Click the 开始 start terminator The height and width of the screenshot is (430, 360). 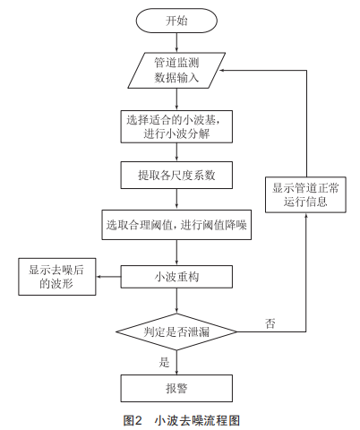coord(176,21)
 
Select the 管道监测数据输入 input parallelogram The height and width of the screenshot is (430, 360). coord(176,71)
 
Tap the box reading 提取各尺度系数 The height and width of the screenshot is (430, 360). coord(176,176)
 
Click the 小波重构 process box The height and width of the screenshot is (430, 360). coord(176,277)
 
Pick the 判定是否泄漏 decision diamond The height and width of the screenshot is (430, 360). coord(176,331)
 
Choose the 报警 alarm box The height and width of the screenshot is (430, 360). coord(176,388)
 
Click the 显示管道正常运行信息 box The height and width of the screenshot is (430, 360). coord(305,194)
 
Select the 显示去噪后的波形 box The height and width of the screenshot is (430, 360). coord(57,277)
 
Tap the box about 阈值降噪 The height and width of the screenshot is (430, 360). coord(176,225)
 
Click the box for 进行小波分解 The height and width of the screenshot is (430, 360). coord(176,126)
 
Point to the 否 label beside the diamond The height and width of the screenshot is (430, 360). coord(270,323)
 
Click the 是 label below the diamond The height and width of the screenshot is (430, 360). coord(164,362)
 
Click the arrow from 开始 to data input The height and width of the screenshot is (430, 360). coord(176,43)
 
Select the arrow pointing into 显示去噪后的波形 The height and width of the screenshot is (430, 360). coord(108,277)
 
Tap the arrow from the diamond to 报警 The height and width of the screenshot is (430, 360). coord(176,363)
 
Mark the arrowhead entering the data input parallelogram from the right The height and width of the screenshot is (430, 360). coord(222,71)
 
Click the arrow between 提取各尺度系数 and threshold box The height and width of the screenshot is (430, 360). coord(176,199)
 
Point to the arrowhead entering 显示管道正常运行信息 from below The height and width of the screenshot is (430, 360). coord(306,215)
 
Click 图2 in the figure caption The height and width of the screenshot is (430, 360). coord(133,420)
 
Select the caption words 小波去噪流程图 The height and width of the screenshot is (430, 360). coord(197,420)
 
